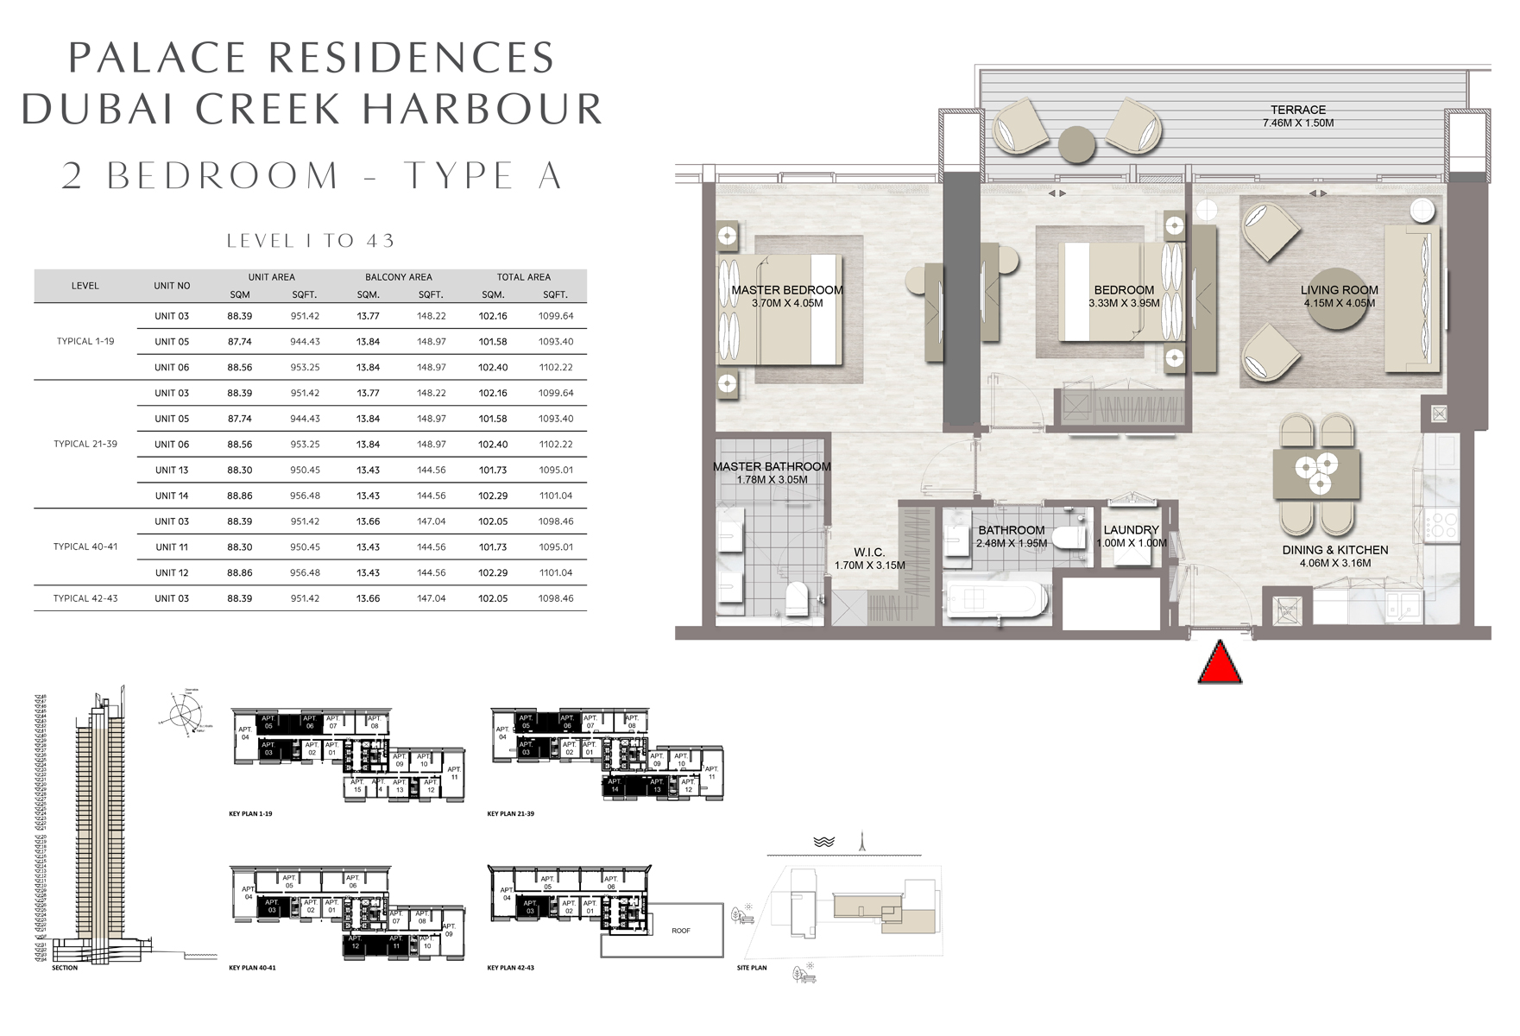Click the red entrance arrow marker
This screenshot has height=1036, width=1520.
pyautogui.click(x=1220, y=665)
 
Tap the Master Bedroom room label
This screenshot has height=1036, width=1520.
pyautogui.click(x=786, y=291)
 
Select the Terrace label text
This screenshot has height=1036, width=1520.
pyautogui.click(x=1297, y=110)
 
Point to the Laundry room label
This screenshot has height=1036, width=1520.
pyautogui.click(x=1131, y=530)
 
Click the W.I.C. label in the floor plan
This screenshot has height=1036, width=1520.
pyautogui.click(x=869, y=553)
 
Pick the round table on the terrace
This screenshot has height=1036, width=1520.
pyautogui.click(x=1076, y=145)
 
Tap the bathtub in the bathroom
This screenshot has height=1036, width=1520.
pyautogui.click(x=997, y=599)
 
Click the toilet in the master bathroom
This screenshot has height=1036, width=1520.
pyautogui.click(x=795, y=597)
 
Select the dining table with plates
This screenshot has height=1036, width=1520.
pyautogui.click(x=1316, y=474)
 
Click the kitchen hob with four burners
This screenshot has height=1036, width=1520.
pyautogui.click(x=1439, y=524)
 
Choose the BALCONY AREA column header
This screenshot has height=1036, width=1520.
pyautogui.click(x=398, y=277)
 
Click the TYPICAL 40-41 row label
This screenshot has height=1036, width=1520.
pyautogui.click(x=85, y=546)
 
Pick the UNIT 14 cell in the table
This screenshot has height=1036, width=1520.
pyautogui.click(x=172, y=496)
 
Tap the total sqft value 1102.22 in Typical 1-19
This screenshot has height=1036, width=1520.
pyautogui.click(x=555, y=367)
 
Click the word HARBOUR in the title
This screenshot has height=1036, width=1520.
pyautogui.click(x=482, y=109)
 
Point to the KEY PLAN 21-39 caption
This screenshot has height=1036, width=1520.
pyautogui.click(x=510, y=813)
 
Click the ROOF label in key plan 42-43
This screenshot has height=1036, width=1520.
pyautogui.click(x=680, y=931)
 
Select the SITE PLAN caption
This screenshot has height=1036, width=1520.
pyautogui.click(x=751, y=968)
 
